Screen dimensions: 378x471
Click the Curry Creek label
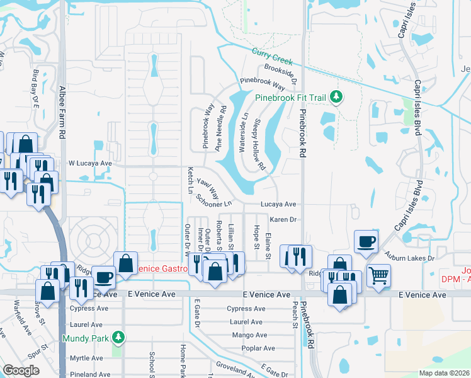tap(273, 57)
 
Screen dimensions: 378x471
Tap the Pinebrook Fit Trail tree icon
tap(338, 97)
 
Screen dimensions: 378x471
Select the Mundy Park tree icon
tap(116, 338)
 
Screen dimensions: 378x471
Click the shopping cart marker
tap(378, 275)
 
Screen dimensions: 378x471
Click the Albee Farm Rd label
tap(62, 113)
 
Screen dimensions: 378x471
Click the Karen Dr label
tap(283, 219)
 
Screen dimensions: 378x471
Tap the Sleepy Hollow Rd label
tap(259, 146)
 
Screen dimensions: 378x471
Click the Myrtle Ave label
tap(86, 358)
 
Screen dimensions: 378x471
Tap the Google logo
tap(21, 370)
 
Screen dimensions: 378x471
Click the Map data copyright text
tap(444, 373)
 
